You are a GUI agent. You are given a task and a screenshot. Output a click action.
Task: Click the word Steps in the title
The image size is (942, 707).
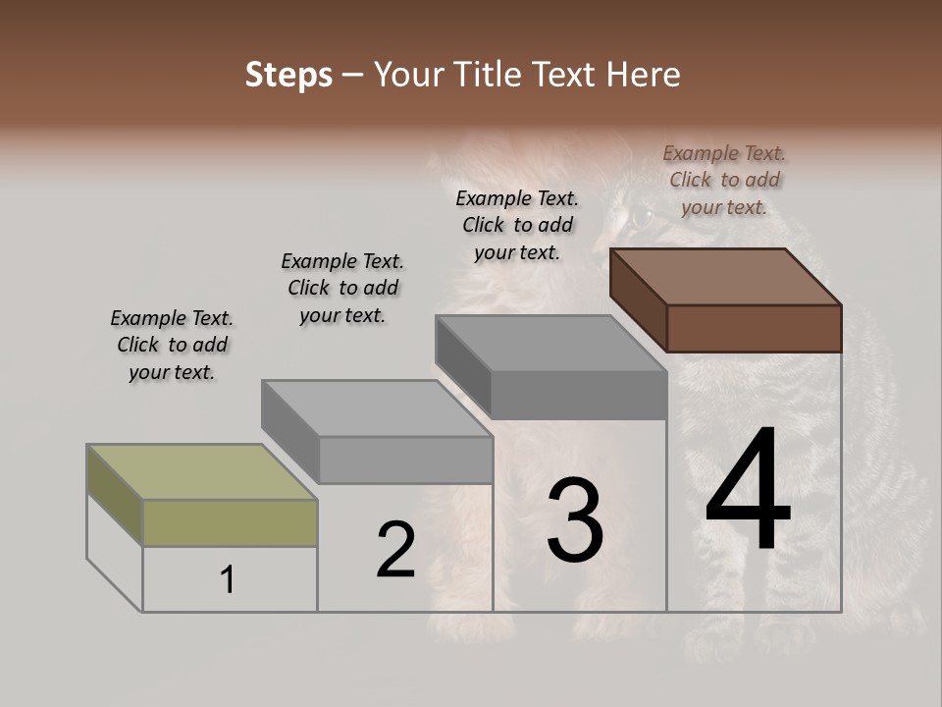point(288,75)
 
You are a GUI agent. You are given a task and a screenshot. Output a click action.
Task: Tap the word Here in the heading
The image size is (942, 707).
point(644,75)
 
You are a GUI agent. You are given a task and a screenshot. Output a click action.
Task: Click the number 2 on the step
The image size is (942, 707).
point(395,550)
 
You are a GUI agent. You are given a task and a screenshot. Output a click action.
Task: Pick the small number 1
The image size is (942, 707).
point(228,580)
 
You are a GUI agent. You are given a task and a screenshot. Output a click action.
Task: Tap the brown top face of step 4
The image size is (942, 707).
point(725,276)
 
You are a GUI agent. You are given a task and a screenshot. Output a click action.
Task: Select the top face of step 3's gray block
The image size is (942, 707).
point(550,344)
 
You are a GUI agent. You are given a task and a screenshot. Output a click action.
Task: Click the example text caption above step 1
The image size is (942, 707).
point(172,345)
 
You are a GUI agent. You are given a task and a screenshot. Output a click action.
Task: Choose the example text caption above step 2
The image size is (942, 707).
point(342,288)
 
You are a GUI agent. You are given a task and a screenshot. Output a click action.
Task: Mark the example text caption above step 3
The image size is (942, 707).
point(517,225)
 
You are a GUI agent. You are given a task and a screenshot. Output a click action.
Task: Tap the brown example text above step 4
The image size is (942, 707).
point(724,180)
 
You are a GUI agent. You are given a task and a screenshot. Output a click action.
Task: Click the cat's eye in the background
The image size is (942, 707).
point(639,215)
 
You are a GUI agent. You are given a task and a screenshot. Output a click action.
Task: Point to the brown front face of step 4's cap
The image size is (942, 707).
point(754,328)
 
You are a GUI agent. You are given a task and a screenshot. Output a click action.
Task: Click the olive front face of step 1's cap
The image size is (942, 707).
point(230,522)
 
